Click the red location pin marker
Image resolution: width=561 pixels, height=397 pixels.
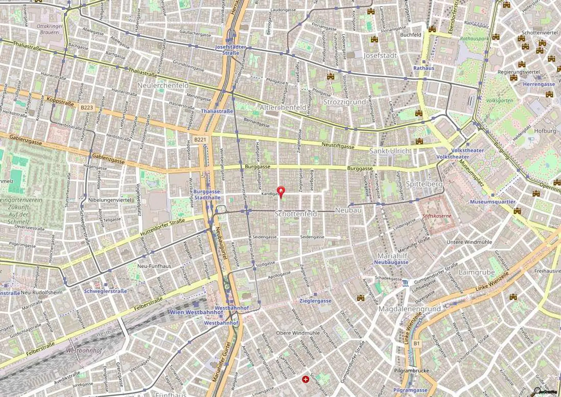click(x=280, y=191)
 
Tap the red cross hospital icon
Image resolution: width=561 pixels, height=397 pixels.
click(x=305, y=380)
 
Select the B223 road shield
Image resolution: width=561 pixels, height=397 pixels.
click(x=87, y=108)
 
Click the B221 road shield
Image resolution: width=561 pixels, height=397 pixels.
click(x=200, y=139)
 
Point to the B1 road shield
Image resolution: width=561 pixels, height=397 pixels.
click(x=417, y=343)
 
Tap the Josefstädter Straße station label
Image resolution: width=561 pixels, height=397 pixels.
click(x=230, y=50)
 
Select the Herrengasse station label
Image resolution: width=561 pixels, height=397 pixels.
click(x=539, y=84)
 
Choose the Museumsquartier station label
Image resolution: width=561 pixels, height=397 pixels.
click(x=492, y=202)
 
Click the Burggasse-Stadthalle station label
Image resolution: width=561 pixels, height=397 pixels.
click(x=207, y=194)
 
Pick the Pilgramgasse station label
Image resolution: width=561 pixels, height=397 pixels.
click(x=410, y=390)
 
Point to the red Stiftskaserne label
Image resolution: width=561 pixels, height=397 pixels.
click(x=436, y=216)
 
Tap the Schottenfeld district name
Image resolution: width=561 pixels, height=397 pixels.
click(x=295, y=214)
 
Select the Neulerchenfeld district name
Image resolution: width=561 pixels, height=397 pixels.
click(x=163, y=85)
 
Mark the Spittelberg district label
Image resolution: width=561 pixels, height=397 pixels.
click(x=424, y=184)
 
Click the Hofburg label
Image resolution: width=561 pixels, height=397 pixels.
click(x=545, y=131)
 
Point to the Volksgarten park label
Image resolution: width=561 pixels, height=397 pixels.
click(x=499, y=101)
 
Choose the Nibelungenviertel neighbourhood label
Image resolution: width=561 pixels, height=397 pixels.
click(x=110, y=200)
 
